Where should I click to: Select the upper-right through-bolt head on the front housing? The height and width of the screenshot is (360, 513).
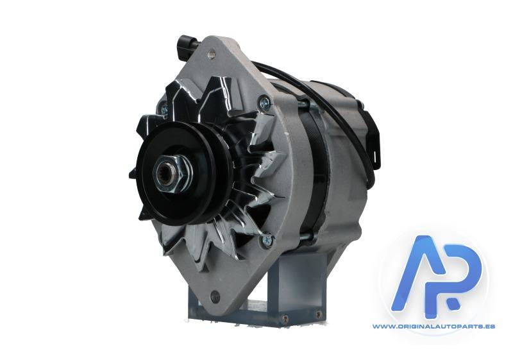coord(264,102)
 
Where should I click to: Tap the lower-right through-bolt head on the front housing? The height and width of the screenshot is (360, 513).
coord(267,240)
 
